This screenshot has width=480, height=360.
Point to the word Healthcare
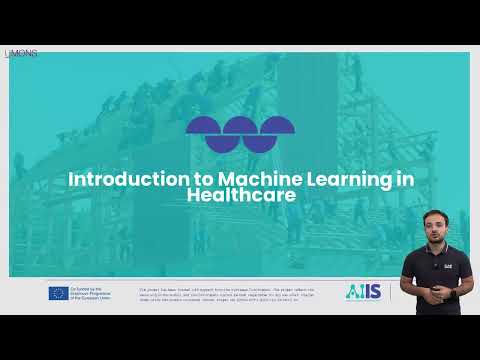241,195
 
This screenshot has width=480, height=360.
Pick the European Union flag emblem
58,293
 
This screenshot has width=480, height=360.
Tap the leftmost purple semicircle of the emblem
203,126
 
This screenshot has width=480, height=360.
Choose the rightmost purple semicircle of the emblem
277,126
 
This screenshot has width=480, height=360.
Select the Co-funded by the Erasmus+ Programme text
95,293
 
